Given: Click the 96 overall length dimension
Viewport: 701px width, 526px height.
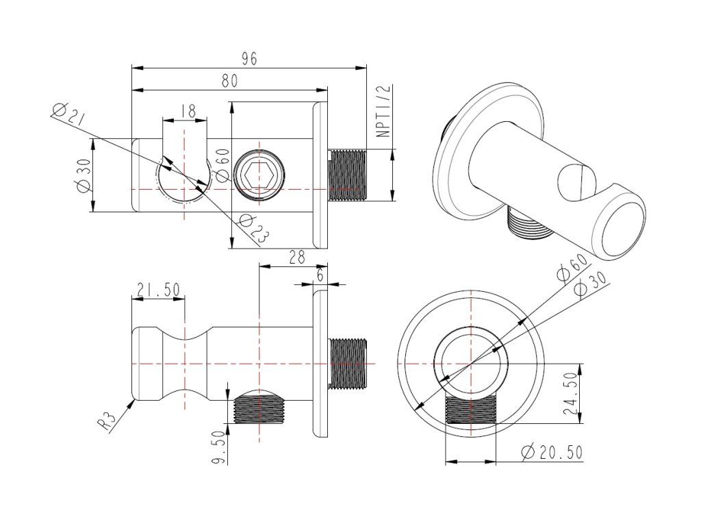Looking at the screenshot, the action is pos(248,59).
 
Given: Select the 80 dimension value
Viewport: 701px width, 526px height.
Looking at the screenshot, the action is pos(229,81).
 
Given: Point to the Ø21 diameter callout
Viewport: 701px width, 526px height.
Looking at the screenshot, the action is pos(68,114).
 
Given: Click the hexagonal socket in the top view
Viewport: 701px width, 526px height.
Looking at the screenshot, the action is pos(258,176).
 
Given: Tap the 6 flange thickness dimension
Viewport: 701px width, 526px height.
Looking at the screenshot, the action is pos(320,274).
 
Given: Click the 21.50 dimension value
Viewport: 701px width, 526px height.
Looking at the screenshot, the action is pos(158,290).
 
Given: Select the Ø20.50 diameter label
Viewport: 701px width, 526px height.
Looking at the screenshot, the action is pos(551,453).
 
